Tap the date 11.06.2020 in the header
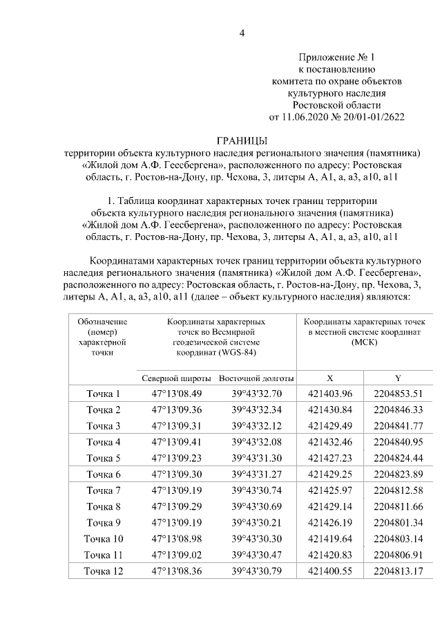[x=307, y=116]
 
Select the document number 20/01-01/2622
[x=371, y=116]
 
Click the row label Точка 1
[x=104, y=394]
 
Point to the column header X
[x=330, y=378]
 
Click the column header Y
[x=398, y=378]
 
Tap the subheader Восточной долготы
[x=256, y=378]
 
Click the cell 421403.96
[x=330, y=394]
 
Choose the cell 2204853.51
[x=398, y=394]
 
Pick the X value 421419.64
[x=330, y=538]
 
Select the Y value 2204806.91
[x=398, y=555]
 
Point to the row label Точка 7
[x=104, y=490]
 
